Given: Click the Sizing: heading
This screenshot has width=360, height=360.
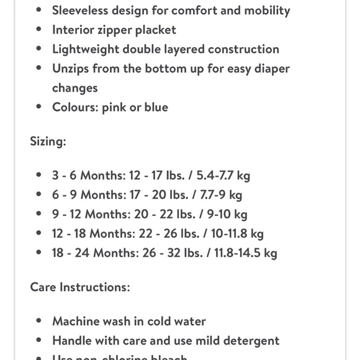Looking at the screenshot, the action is tap(48, 141).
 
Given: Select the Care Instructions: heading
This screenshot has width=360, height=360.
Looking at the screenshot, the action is tap(80, 287).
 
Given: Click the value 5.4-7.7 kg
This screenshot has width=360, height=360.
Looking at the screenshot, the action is tap(222, 175).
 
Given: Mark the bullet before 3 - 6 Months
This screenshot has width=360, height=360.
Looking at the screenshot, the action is tap(39, 176).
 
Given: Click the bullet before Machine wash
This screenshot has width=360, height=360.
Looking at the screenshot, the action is tap(39, 322).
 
